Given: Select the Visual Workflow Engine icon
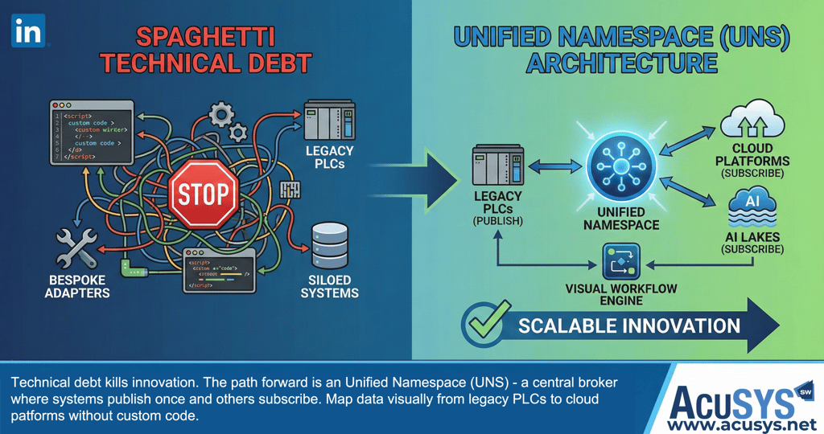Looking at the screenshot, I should pos(620,263).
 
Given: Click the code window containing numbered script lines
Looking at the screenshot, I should pos(90,132).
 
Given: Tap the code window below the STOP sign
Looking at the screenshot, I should pos(220,269).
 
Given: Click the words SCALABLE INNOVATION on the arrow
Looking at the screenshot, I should pos(628,325).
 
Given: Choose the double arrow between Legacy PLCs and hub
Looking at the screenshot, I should pos(550,166).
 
